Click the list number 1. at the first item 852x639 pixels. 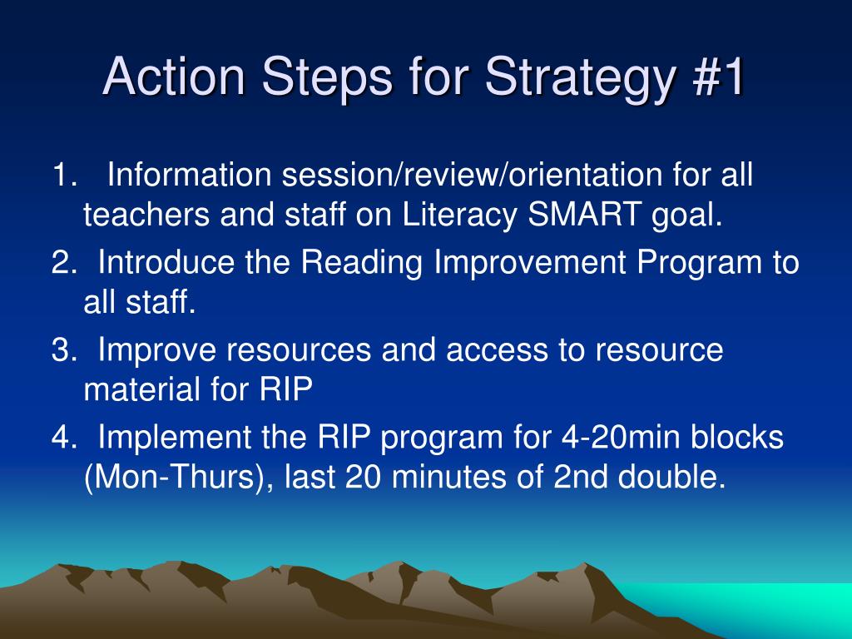tap(64, 175)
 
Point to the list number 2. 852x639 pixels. tap(64, 262)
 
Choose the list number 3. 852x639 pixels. tap(64, 349)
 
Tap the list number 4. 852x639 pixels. tap(64, 437)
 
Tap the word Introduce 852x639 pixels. tap(166, 262)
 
